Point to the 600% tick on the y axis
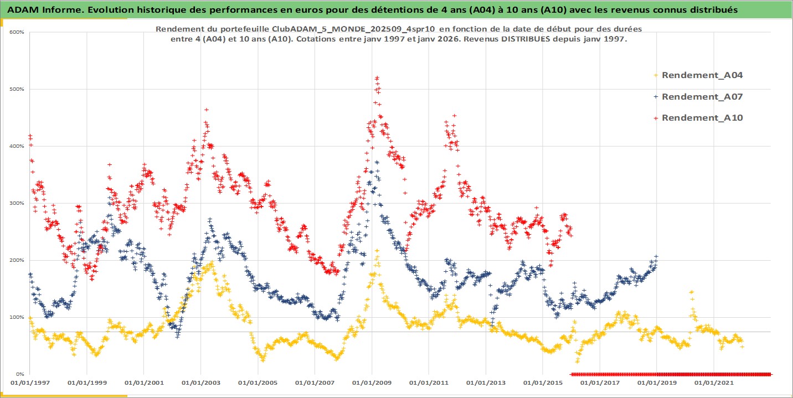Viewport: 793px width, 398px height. [x=17, y=32]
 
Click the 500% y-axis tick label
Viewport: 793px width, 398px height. [x=17, y=89]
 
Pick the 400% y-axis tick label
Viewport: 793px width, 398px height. [x=17, y=146]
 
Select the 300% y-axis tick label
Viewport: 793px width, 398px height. [x=17, y=203]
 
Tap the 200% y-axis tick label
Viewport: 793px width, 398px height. [x=17, y=260]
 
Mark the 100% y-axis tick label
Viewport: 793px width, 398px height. [x=17, y=317]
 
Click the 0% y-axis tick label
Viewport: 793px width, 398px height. [x=19, y=374]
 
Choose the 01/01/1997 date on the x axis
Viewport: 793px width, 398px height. [x=30, y=383]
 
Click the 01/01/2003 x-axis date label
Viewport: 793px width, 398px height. [x=200, y=383]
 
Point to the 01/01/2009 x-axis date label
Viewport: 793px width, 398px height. [x=372, y=383]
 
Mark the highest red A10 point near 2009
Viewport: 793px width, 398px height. [x=377, y=78]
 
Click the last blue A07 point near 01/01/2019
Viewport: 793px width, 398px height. [x=657, y=256]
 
